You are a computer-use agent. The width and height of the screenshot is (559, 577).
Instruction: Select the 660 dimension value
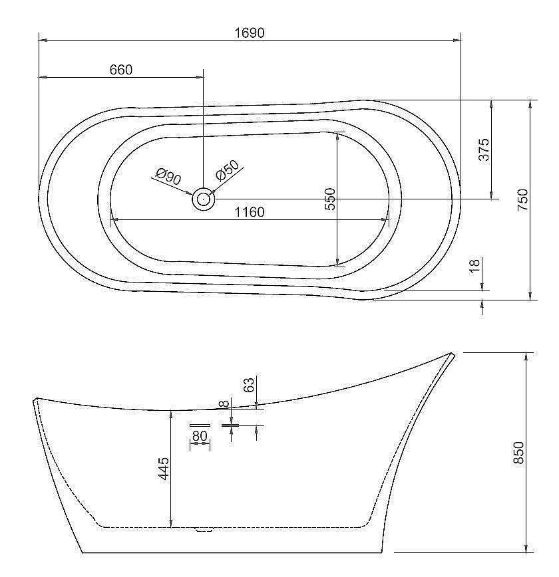120,70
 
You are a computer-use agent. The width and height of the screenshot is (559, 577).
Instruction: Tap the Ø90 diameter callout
168,177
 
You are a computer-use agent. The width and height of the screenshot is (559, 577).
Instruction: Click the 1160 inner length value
250,212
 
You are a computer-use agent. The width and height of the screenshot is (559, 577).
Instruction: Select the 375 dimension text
484,149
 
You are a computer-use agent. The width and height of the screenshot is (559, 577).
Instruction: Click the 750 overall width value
522,199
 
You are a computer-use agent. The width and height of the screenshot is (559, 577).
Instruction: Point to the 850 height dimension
519,453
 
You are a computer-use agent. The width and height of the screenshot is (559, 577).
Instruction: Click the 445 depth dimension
164,469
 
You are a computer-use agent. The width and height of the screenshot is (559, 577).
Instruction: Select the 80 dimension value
200,436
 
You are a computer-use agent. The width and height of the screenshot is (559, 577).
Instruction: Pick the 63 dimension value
248,385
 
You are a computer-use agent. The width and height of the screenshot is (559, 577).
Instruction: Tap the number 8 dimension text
224,403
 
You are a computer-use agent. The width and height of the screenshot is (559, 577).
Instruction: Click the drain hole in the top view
203,198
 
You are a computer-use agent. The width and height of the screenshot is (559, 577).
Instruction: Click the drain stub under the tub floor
203,530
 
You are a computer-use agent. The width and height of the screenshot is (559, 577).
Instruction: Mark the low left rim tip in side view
35,400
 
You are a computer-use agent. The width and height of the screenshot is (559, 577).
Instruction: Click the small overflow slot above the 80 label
200,425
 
